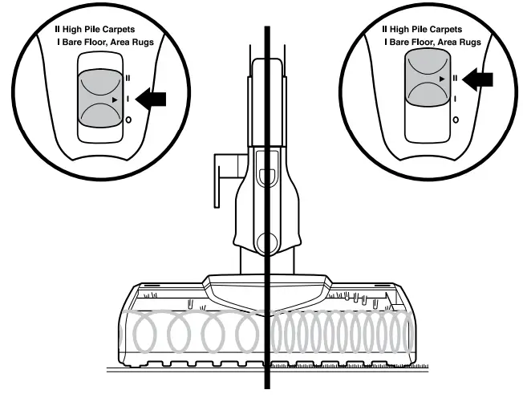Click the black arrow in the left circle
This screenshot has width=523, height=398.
(x=152, y=99)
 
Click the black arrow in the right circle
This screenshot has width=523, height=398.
(x=478, y=79)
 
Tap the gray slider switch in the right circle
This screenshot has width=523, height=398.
(x=426, y=79)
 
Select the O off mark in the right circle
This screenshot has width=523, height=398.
(x=455, y=120)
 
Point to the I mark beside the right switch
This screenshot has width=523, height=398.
(x=455, y=99)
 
